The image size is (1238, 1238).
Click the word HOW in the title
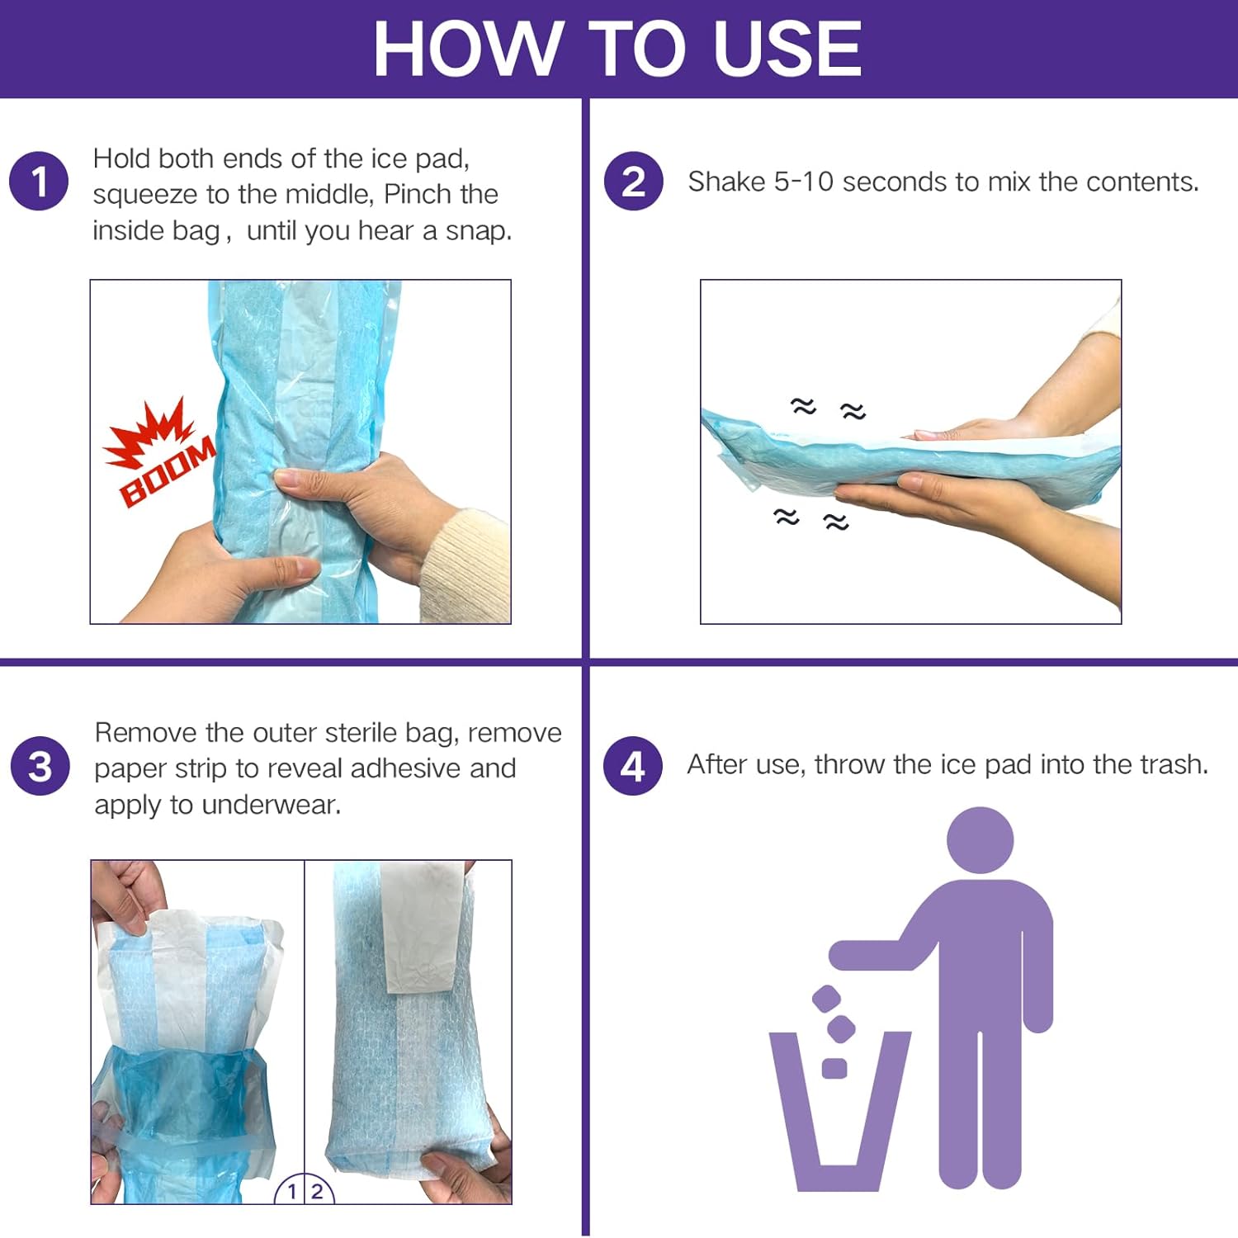(x=469, y=49)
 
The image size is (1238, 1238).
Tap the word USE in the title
(x=787, y=49)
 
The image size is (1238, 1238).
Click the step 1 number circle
(x=39, y=181)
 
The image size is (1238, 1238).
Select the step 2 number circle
(x=633, y=181)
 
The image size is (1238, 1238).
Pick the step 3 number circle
(x=40, y=765)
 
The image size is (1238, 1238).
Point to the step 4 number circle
(x=632, y=765)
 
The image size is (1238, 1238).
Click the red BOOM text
(x=168, y=473)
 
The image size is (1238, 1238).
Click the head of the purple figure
(x=980, y=840)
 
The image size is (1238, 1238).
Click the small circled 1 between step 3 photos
(x=291, y=1191)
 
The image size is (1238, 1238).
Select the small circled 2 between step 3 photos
(x=318, y=1191)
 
